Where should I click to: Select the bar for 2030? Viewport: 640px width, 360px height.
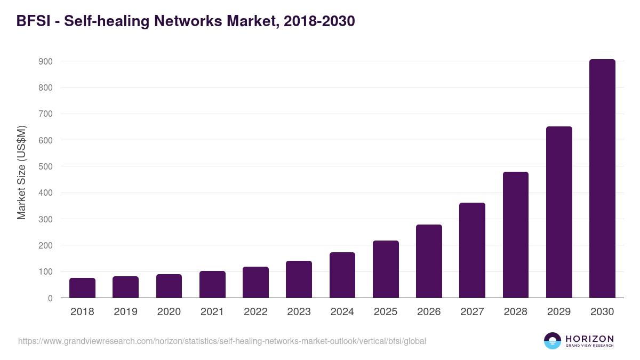602,179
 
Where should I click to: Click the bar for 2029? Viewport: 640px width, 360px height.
559,212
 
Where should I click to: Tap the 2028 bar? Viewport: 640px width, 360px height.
515,235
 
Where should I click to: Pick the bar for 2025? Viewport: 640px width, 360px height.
386,269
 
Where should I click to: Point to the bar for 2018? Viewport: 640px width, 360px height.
82,288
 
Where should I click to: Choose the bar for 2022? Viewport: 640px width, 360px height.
255,282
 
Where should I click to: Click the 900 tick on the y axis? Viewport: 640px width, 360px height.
45,61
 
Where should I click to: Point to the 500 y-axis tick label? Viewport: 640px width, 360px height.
45,166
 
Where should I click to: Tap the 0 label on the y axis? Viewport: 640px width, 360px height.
50,298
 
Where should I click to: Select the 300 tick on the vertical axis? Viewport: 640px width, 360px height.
45,219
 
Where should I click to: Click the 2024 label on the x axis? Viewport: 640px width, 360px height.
342,312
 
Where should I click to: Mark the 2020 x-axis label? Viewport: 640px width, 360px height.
169,312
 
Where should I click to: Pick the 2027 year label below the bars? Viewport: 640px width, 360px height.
472,312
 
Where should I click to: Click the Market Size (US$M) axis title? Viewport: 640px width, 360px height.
21,172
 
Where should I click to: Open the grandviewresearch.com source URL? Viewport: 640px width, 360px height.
222,341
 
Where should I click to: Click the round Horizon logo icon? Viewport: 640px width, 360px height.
553,341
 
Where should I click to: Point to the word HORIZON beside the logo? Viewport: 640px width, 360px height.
589,339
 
